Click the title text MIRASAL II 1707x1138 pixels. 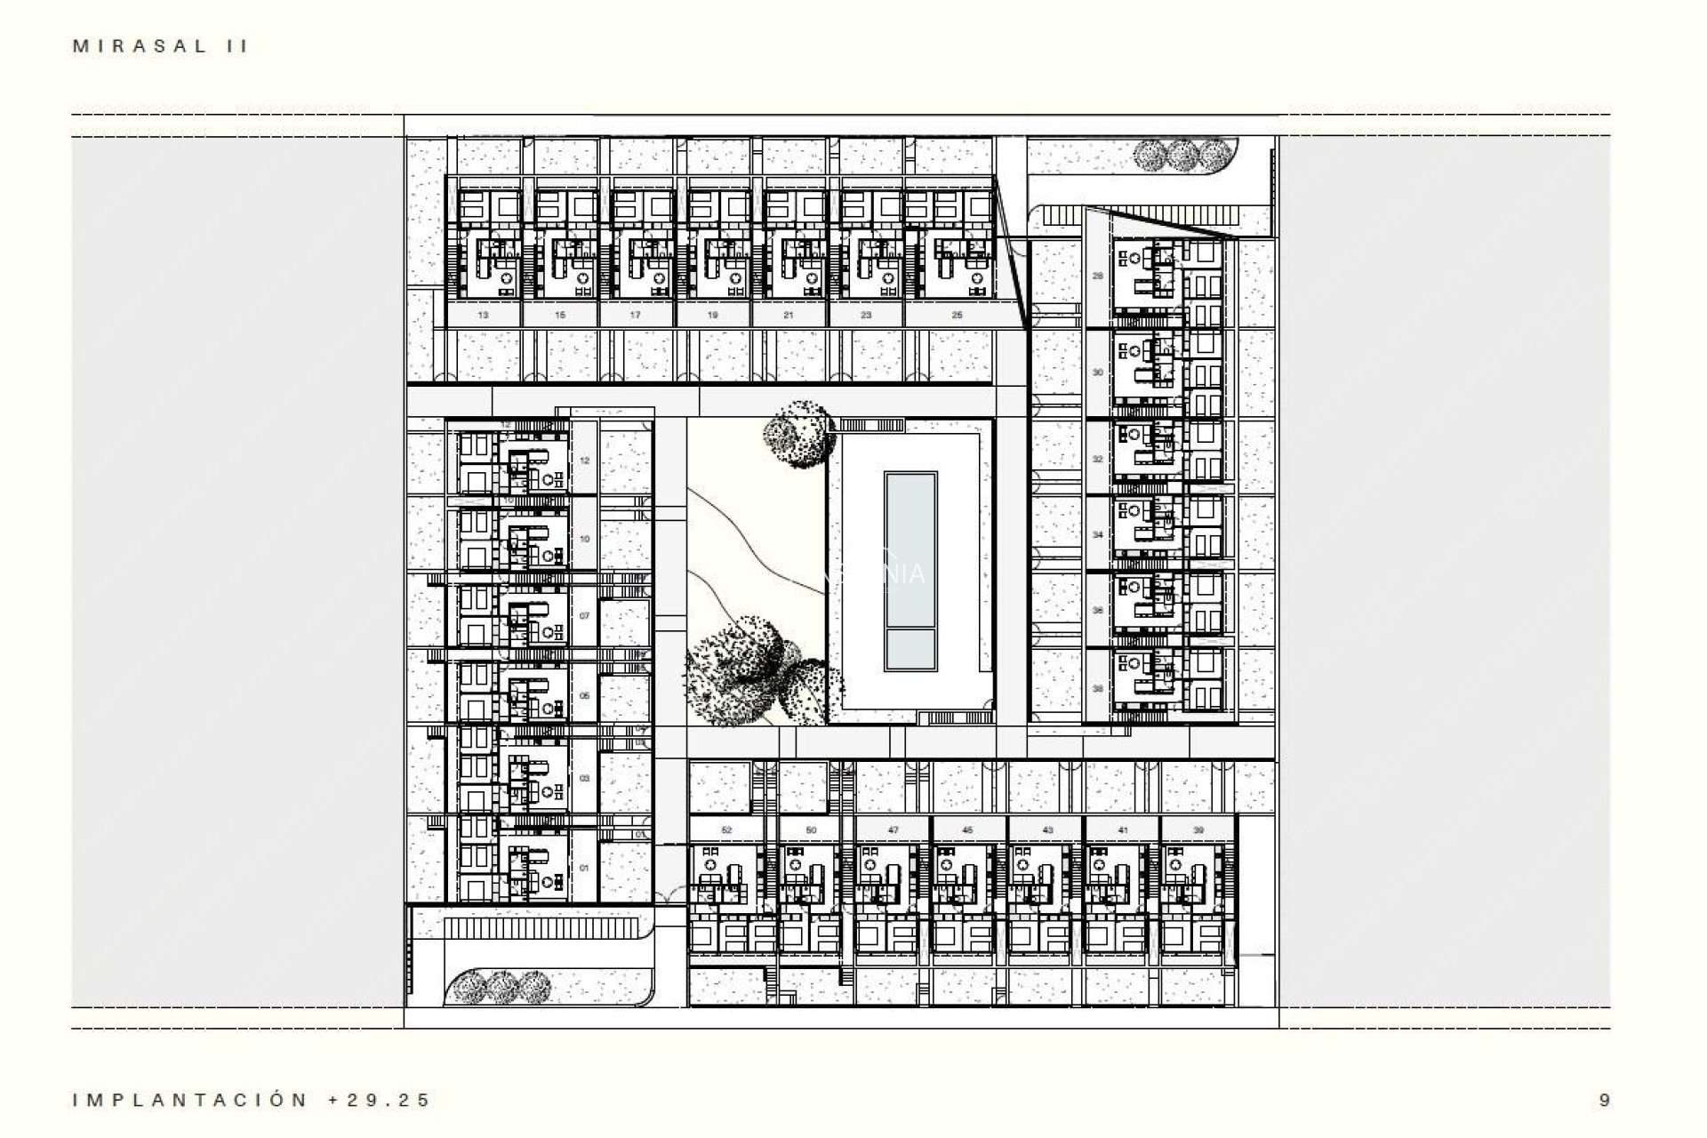pyautogui.click(x=160, y=47)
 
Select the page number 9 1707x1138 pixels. pyautogui.click(x=1604, y=1100)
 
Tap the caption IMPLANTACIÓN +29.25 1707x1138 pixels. pyautogui.click(x=252, y=1100)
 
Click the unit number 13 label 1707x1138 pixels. pyautogui.click(x=483, y=315)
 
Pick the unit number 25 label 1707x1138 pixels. pyautogui.click(x=957, y=315)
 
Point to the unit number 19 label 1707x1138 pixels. pyautogui.click(x=713, y=315)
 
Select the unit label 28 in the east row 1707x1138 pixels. pyautogui.click(x=1098, y=276)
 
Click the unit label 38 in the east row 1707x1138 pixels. pyautogui.click(x=1098, y=689)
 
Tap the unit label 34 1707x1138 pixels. pyautogui.click(x=1098, y=535)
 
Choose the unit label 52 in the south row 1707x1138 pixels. pyautogui.click(x=726, y=829)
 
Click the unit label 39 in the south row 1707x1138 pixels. pyautogui.click(x=1198, y=829)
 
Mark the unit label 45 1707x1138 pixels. pyautogui.click(x=968, y=829)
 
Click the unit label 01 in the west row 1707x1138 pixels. pyautogui.click(x=584, y=868)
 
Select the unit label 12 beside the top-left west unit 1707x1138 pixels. pyautogui.click(x=584, y=461)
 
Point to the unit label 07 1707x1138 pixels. pyautogui.click(x=584, y=615)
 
